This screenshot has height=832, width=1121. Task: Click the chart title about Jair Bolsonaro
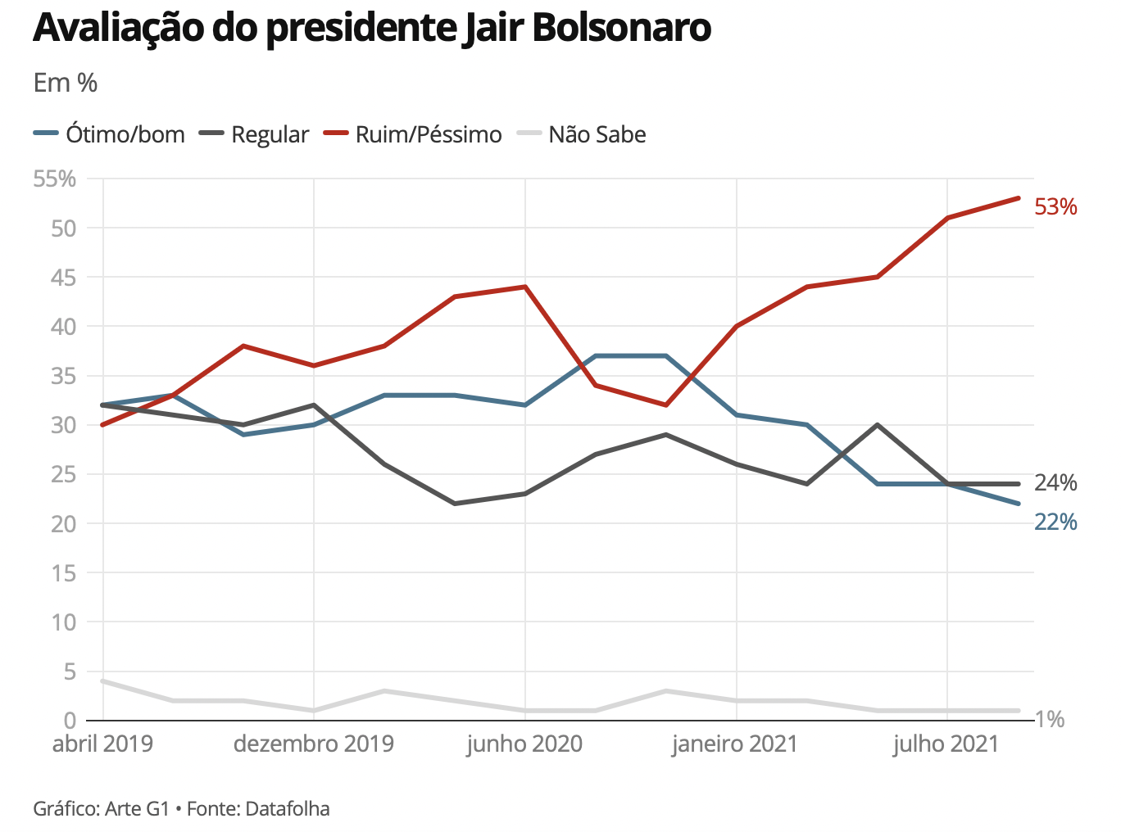pos(372,28)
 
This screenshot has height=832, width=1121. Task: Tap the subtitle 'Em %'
pos(66,83)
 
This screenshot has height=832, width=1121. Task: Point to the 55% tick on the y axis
pos(55,179)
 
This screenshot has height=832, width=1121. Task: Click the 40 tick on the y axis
pos(63,327)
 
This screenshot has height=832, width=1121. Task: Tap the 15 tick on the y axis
pos(63,573)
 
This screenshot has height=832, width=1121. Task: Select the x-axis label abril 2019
pos(102,744)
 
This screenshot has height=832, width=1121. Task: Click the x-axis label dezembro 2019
pos(314,744)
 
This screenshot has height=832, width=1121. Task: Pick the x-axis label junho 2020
pos(524,744)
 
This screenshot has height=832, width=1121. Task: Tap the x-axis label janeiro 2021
pos(735,744)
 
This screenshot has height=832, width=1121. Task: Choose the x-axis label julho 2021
pos(946,744)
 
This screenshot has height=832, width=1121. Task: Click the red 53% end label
pos(1055,207)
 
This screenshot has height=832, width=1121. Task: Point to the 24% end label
pos(1055,483)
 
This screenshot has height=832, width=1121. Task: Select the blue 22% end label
pos(1055,522)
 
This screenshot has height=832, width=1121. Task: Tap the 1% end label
pos(1050,719)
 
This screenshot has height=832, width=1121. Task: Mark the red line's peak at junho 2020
pos(524,287)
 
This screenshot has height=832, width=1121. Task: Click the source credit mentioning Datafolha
pos(181,809)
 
